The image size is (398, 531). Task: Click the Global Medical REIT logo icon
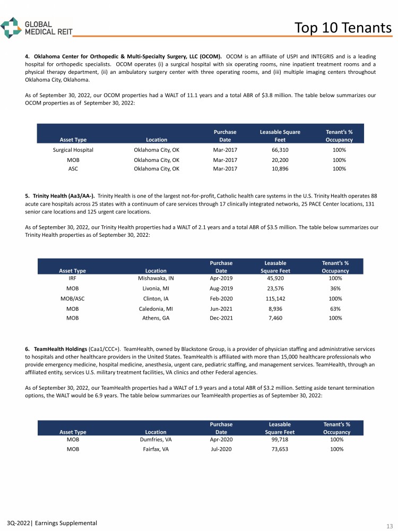[x=11, y=27]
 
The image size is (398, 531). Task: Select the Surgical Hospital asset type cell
[x=73, y=150]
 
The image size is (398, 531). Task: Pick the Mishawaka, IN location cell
[x=156, y=278]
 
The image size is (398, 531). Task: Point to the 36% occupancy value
[x=335, y=288]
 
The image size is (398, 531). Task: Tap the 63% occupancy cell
[x=335, y=308]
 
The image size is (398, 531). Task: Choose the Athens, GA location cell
[x=156, y=318]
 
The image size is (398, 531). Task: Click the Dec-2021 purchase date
[x=221, y=318]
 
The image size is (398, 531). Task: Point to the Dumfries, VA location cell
[x=156, y=439]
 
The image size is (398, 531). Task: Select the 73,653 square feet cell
[x=279, y=449]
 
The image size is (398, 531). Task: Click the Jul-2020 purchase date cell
[x=221, y=449]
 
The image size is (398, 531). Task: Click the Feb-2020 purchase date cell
[x=221, y=298]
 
